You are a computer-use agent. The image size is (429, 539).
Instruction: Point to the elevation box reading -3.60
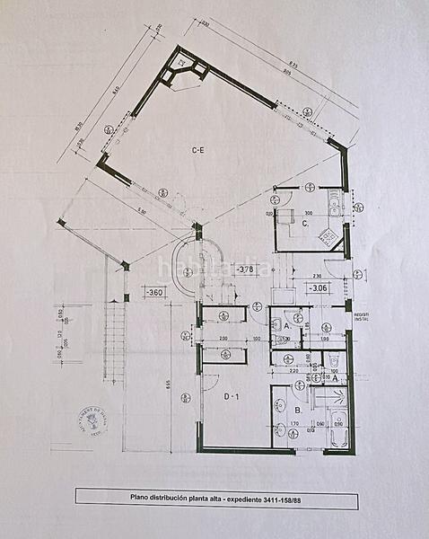155,292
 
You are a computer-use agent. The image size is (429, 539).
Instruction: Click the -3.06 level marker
317,289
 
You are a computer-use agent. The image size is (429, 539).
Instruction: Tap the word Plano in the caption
143,496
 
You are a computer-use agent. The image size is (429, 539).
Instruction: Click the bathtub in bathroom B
338,429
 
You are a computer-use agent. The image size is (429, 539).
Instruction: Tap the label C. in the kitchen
305,223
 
